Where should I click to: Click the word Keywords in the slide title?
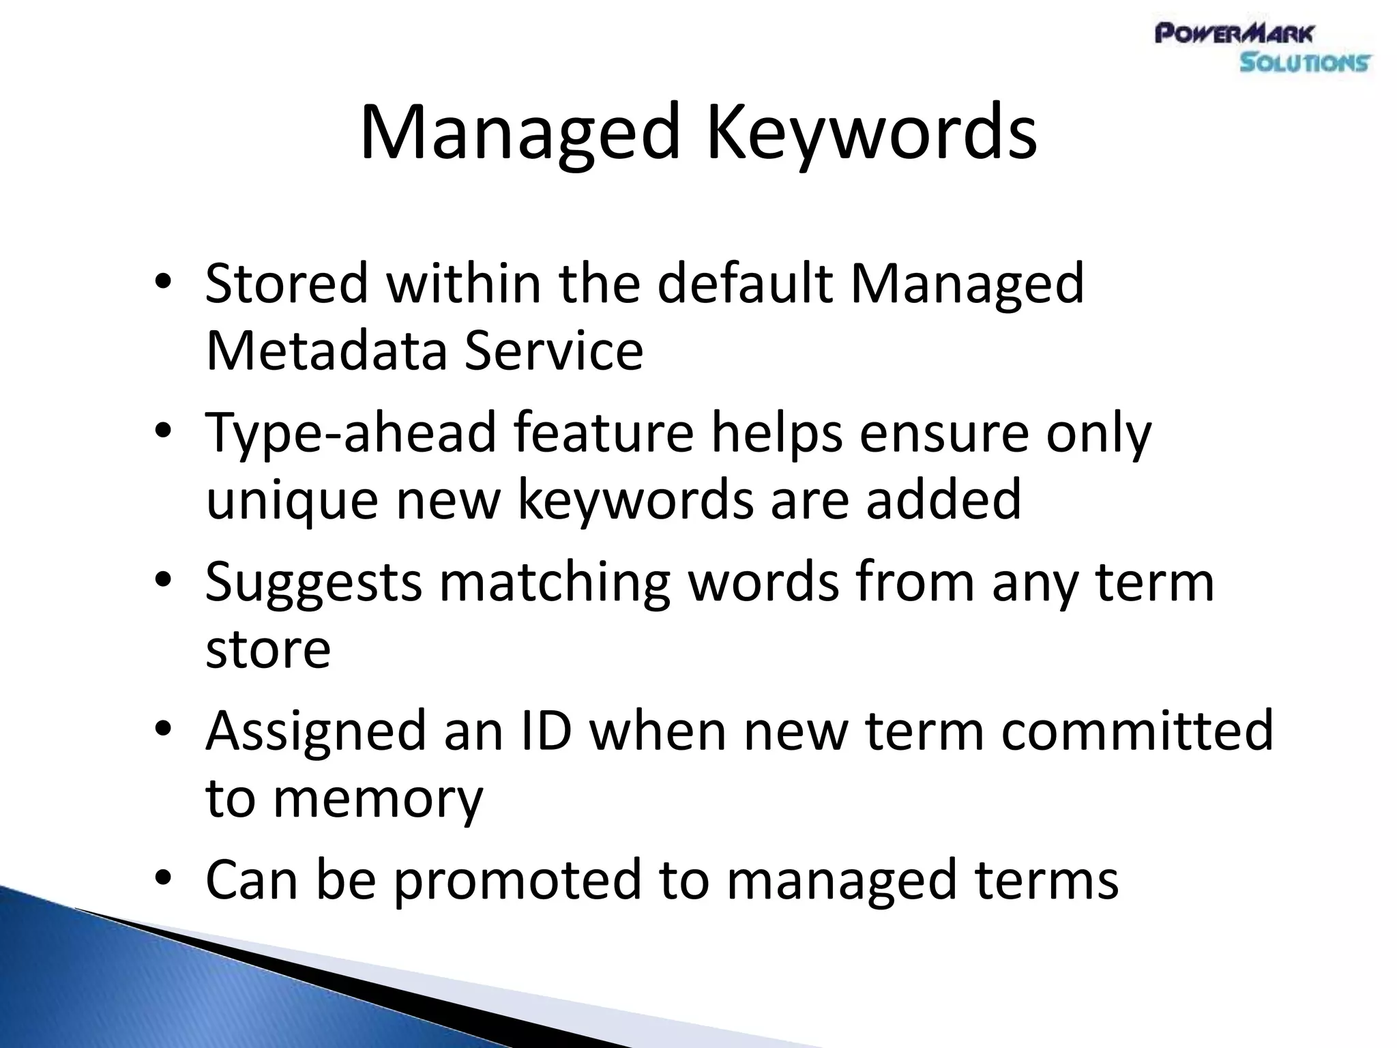tap(871, 133)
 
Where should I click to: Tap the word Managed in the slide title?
tap(520, 133)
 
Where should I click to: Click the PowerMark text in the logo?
tap(1234, 33)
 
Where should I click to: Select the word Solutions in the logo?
tap(1304, 63)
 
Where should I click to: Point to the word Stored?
tap(286, 283)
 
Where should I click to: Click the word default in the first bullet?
tap(744, 283)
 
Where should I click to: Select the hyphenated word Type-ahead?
tap(350, 434)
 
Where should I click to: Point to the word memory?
tap(378, 800)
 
